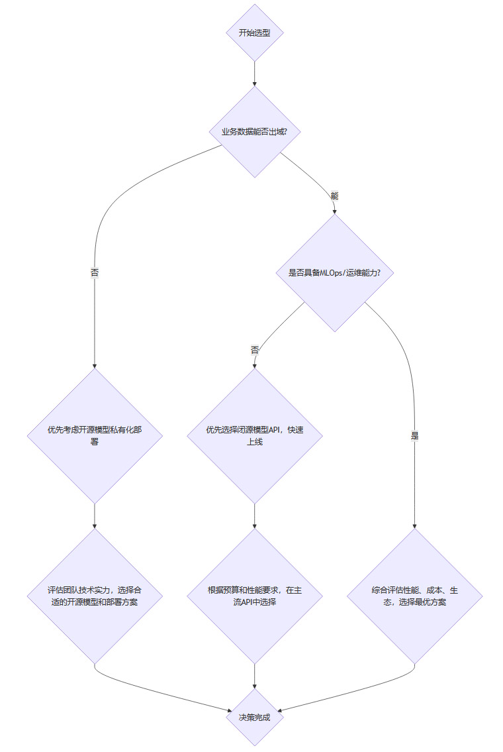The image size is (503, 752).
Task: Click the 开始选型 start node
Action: pos(254,32)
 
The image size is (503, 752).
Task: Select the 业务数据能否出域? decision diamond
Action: pos(254,131)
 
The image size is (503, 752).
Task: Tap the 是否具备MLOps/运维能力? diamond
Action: pos(334,273)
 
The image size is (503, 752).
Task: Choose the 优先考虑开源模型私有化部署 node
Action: pos(95,435)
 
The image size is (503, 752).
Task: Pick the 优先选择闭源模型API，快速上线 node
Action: pos(254,435)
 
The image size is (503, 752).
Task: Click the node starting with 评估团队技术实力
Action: pos(95,596)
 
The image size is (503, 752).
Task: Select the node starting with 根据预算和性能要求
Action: pos(254,596)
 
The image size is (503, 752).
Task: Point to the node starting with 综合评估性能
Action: pos(414,596)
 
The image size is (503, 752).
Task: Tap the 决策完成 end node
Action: pos(254,717)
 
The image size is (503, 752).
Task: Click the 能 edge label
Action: pos(334,196)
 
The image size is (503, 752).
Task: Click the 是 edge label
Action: pos(415,436)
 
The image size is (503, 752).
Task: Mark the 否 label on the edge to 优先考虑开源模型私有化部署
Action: pos(95,272)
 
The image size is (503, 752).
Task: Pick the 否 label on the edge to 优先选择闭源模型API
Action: pos(254,349)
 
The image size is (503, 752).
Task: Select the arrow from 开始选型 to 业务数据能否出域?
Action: pos(254,73)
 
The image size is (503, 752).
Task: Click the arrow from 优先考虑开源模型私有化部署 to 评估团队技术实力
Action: pos(95,515)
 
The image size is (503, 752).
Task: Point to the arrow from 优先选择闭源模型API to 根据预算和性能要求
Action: pos(254,515)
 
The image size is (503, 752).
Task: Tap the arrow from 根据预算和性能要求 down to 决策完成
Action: pos(254,676)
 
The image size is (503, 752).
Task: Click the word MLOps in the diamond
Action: pos(334,273)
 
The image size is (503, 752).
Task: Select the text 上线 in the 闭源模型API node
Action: pos(254,442)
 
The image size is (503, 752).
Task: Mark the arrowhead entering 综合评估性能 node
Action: pos(414,525)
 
